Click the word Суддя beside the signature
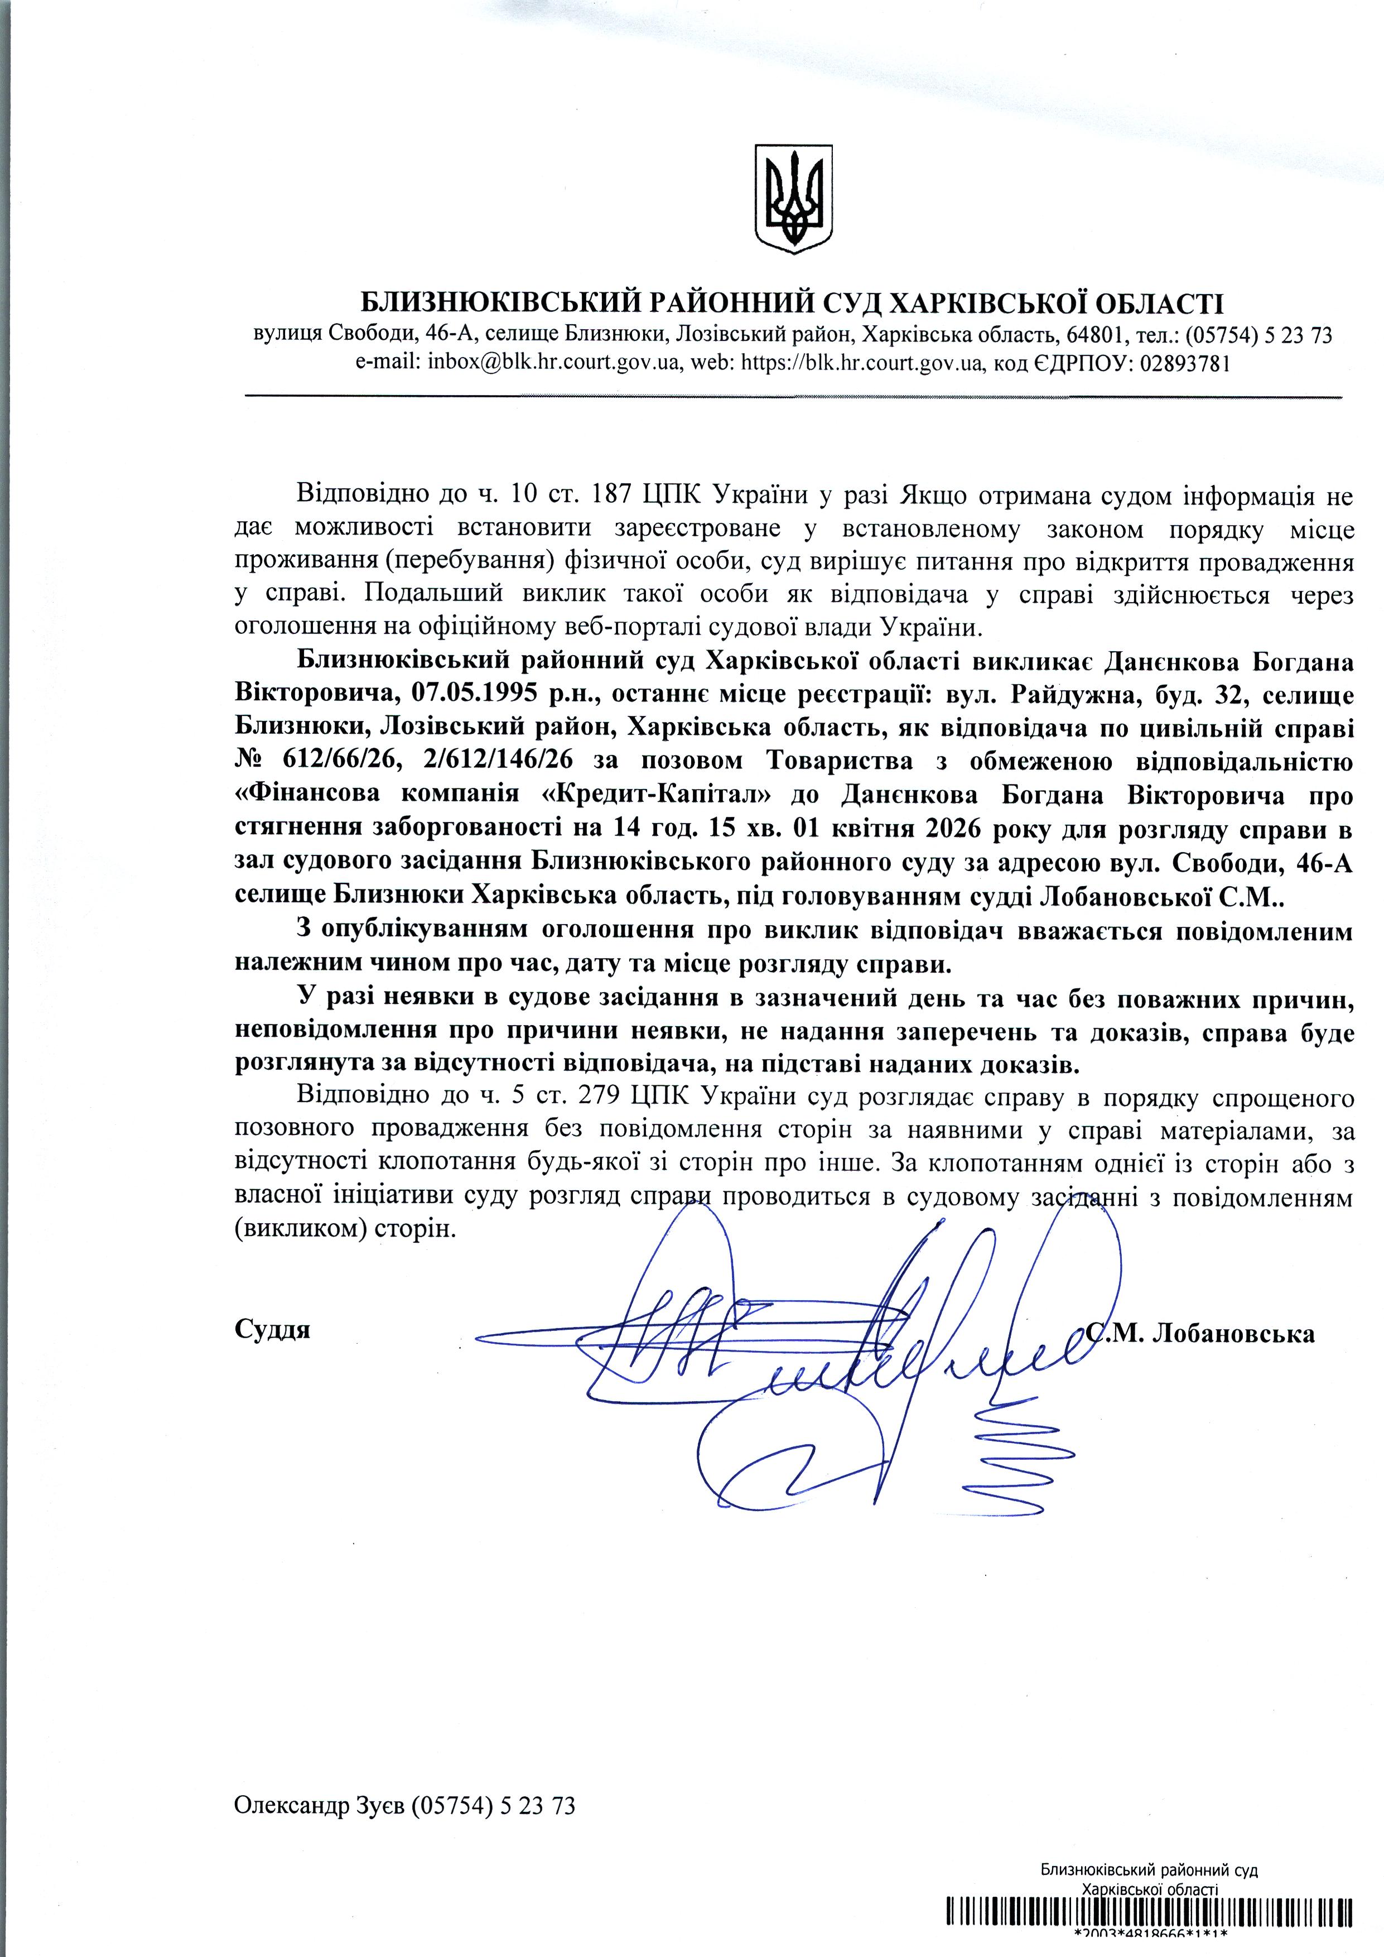pos(272,1330)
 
